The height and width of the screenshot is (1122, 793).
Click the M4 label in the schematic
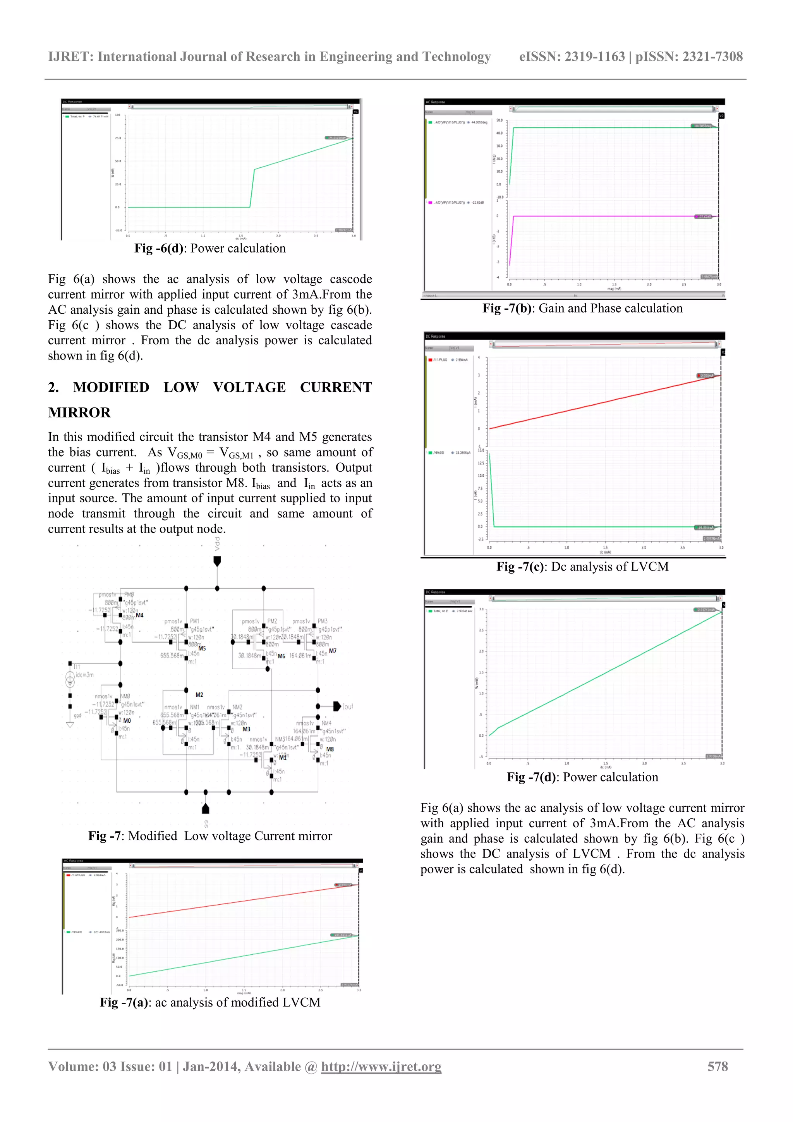pos(140,615)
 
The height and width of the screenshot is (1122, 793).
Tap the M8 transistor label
pos(330,749)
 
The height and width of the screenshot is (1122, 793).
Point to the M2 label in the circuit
pos(199,695)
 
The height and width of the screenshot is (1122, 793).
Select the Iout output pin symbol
pos(336,706)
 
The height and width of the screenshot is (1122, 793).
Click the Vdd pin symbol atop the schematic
pos(217,560)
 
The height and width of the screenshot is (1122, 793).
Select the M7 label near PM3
pos(333,651)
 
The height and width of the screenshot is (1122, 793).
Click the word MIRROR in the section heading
pos(79,413)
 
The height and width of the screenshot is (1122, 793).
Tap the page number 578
pos(717,1066)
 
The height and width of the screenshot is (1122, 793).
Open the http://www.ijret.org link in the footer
pos(381,1067)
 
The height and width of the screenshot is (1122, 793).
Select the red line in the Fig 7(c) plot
pos(606,402)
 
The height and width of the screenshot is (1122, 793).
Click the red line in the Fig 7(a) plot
pos(244,900)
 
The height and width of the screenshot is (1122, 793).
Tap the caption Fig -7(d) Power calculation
pos(582,777)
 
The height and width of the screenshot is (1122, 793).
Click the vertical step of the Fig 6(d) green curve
pos(252,188)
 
